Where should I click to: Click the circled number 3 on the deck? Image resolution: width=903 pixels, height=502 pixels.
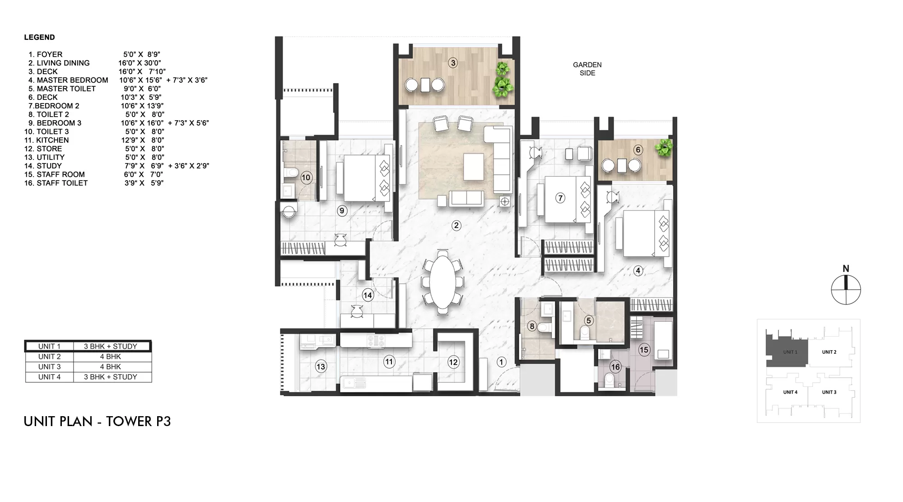tap(453, 63)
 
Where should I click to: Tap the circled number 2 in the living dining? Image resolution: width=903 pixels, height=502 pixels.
tap(456, 225)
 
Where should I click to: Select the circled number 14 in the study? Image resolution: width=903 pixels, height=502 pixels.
tap(368, 296)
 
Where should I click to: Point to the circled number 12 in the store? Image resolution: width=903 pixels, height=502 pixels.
tap(453, 362)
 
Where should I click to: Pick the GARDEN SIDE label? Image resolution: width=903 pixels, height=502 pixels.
tap(587, 69)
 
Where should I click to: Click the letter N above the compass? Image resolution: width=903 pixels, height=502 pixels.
tap(846, 269)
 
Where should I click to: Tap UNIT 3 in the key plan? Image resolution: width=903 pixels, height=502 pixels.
tap(829, 392)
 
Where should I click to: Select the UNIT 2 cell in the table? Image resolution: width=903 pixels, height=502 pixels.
tap(49, 357)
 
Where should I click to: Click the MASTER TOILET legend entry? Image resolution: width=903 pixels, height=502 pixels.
tap(62, 89)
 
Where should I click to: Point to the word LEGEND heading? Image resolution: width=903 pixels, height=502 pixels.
tap(39, 38)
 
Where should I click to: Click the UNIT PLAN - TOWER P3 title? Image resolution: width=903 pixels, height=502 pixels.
tap(97, 422)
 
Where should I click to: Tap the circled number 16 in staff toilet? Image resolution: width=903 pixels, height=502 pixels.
tap(615, 367)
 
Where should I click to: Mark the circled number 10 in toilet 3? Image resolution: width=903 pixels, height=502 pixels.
tap(306, 178)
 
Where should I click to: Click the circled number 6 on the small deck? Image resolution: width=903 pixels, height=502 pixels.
tap(638, 150)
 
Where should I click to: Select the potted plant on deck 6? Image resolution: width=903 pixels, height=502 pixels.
tap(664, 147)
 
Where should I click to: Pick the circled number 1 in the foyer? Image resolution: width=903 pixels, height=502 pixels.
tap(501, 362)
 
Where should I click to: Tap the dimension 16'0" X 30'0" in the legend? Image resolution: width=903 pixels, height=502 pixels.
tap(140, 63)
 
